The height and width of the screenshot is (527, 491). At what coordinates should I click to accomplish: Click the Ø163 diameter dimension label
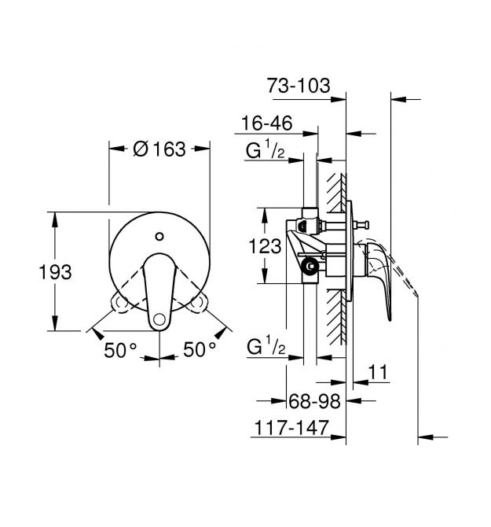(159, 149)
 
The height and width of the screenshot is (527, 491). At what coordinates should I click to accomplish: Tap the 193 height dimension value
(55, 272)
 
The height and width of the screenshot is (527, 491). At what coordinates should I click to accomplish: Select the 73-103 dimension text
(299, 86)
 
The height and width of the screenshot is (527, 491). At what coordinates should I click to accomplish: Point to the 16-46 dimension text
(267, 123)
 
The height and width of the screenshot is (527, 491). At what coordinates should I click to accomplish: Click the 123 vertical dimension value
(265, 246)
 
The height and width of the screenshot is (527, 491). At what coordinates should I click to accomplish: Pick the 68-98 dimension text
(314, 401)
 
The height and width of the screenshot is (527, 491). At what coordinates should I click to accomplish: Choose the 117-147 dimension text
(291, 428)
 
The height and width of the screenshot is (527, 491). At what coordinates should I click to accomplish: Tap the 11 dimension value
(378, 372)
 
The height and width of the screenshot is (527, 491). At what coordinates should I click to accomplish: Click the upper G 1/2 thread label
(265, 150)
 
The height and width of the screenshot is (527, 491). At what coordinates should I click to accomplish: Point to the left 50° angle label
(120, 350)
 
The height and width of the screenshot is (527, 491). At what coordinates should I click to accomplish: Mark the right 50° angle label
(200, 349)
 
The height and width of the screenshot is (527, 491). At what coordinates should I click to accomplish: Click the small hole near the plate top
(159, 236)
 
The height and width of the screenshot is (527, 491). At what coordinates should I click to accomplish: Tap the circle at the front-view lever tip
(159, 319)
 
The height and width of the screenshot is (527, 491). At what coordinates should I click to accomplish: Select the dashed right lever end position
(198, 303)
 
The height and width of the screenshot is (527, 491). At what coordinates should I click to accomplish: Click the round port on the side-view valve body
(310, 266)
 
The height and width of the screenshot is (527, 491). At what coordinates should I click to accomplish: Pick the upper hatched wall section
(336, 193)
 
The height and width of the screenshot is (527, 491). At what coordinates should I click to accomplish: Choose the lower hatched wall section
(336, 317)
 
